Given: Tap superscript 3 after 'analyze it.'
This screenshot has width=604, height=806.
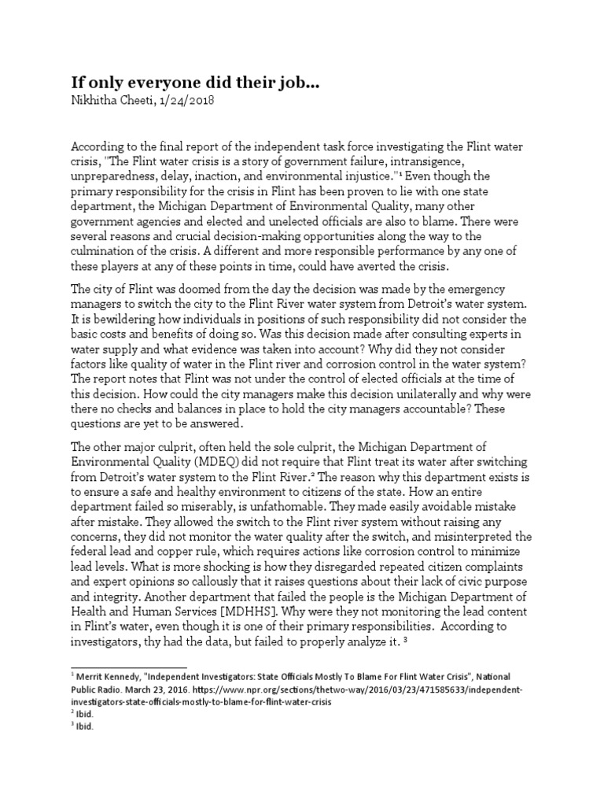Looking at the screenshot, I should click(403, 639).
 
